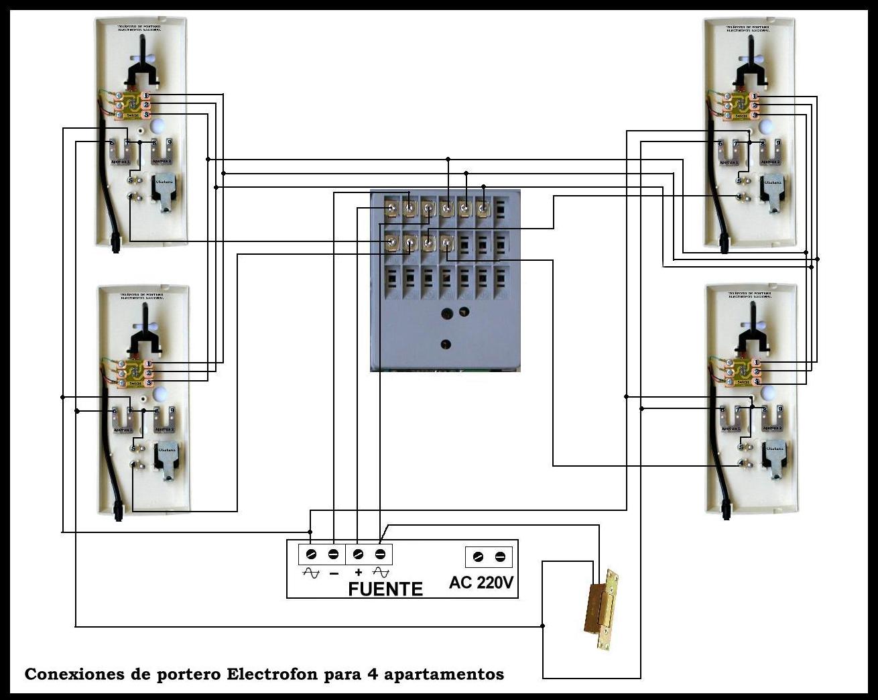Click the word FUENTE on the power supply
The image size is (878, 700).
[385, 589]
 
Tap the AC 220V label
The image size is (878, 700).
[481, 582]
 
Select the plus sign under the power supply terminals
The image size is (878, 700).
[359, 573]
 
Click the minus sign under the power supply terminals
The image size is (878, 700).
[334, 573]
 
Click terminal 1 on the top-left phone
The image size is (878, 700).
[147, 95]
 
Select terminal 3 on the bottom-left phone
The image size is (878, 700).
[149, 382]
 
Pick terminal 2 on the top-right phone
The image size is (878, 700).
[754, 105]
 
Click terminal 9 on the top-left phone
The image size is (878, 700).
[170, 142]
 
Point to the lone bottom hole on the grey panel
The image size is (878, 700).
[445, 344]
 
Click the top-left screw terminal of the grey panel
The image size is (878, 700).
[392, 209]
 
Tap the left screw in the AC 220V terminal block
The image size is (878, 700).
[478, 557]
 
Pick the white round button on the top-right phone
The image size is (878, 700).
[765, 126]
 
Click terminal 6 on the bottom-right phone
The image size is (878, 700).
[723, 409]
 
